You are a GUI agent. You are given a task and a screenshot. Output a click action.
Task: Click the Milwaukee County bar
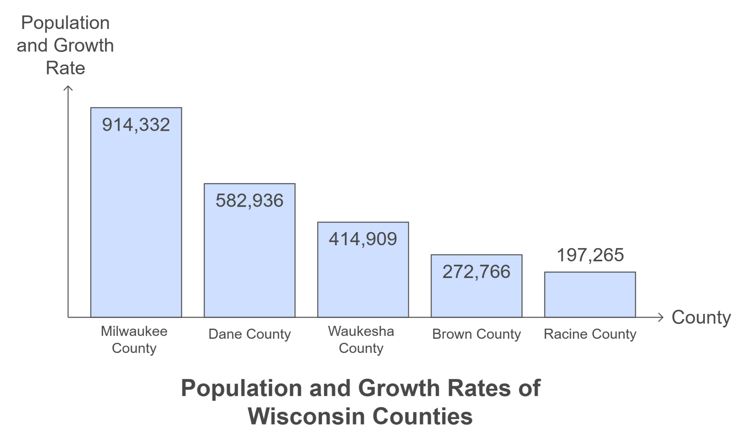click(136, 219)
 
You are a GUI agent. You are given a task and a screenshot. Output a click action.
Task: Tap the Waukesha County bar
click(363, 278)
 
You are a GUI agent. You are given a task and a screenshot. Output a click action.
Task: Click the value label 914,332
click(136, 125)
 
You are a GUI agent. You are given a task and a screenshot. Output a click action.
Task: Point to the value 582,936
click(249, 201)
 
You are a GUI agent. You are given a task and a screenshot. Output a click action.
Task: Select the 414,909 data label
click(363, 239)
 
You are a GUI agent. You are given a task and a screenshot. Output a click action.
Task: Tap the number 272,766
click(476, 272)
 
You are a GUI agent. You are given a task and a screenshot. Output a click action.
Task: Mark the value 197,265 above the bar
click(590, 255)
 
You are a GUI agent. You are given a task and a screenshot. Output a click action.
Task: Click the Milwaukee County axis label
click(134, 340)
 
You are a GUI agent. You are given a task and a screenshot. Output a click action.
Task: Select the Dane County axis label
click(249, 334)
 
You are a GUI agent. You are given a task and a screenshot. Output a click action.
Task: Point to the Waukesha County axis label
click(361, 340)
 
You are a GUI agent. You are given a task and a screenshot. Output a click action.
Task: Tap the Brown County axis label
click(476, 334)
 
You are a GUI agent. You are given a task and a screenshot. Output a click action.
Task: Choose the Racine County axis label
click(590, 334)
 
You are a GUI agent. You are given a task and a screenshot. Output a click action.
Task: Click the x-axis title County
click(701, 317)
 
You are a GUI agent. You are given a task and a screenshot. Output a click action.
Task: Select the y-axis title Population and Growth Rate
click(65, 45)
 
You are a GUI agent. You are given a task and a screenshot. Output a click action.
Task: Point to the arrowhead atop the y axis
click(68, 88)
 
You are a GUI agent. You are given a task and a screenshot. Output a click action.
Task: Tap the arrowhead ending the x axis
click(660, 317)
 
